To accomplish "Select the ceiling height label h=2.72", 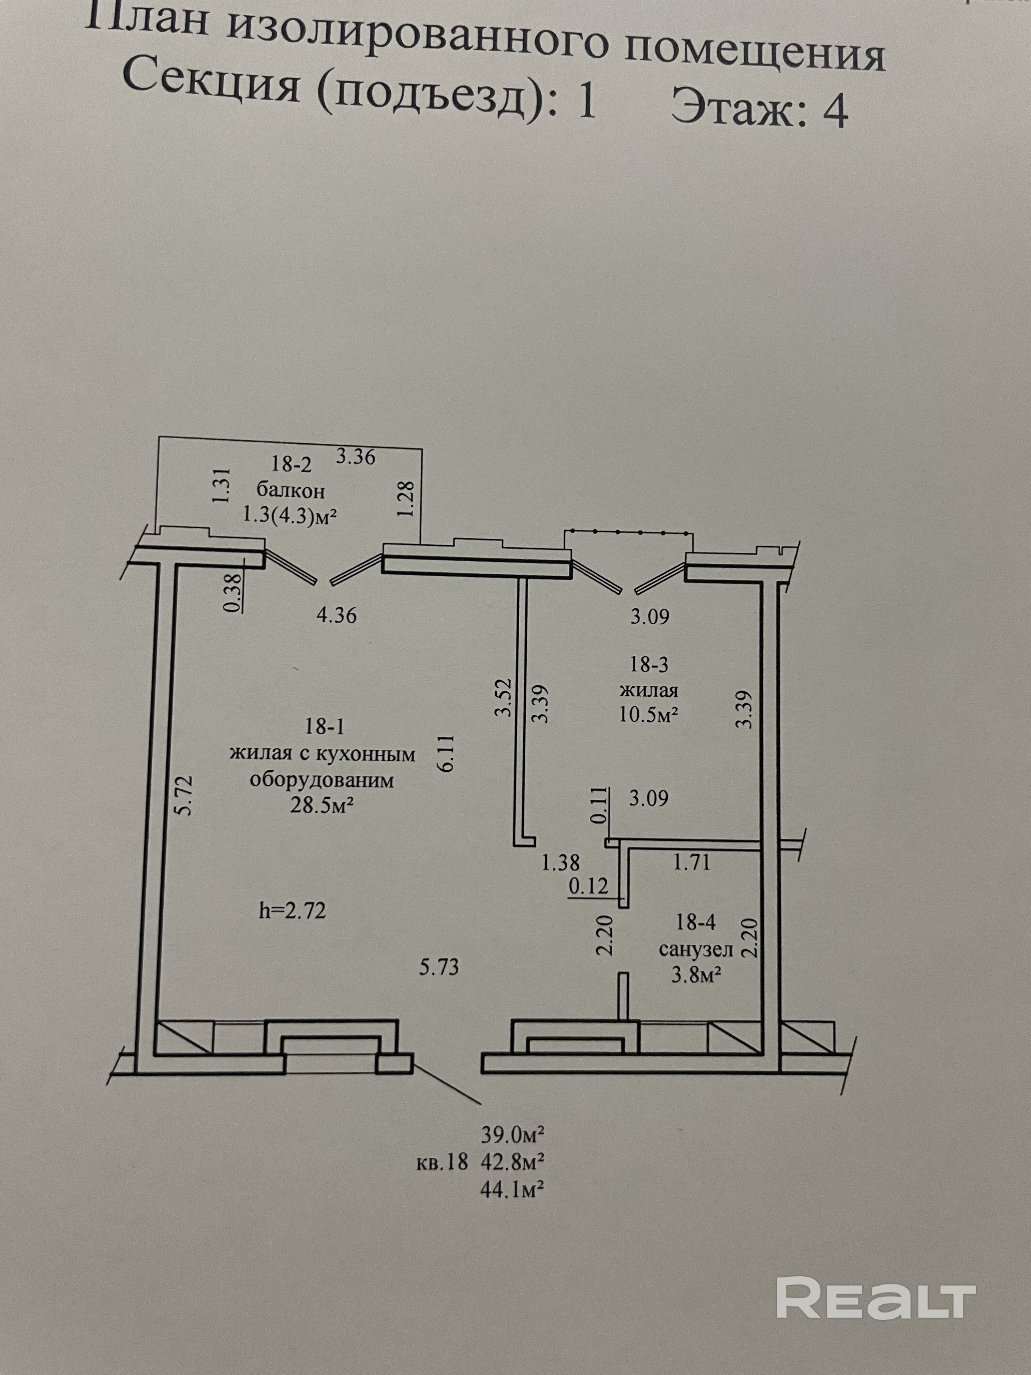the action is click(x=292, y=911).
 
